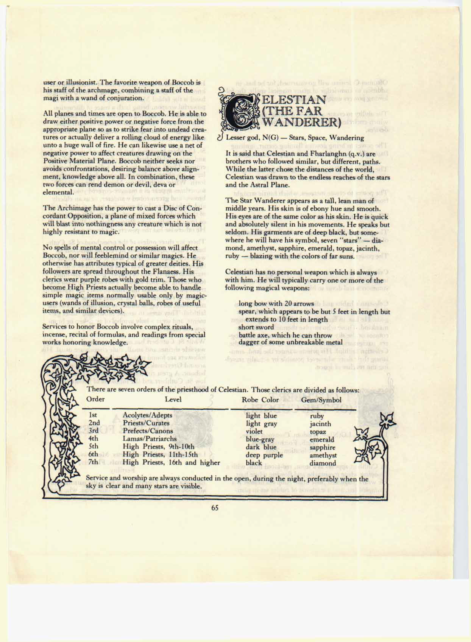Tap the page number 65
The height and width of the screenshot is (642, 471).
tap(215, 508)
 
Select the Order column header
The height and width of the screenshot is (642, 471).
tap(96, 399)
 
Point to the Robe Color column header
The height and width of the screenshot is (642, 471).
tap(260, 400)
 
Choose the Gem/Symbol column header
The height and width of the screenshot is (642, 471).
tap(321, 400)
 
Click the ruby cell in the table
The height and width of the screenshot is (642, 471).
tap(317, 416)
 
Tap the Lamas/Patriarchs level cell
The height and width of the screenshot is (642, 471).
tap(150, 439)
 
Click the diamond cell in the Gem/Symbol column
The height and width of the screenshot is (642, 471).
tap(323, 463)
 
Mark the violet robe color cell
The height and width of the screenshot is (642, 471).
tap(254, 431)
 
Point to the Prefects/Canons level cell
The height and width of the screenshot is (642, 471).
tap(148, 431)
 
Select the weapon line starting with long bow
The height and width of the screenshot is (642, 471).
tap(276, 303)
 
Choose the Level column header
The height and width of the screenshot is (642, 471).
tap(173, 399)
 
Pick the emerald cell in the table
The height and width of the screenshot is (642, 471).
tap(322, 439)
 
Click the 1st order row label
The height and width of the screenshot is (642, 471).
tap(93, 415)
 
